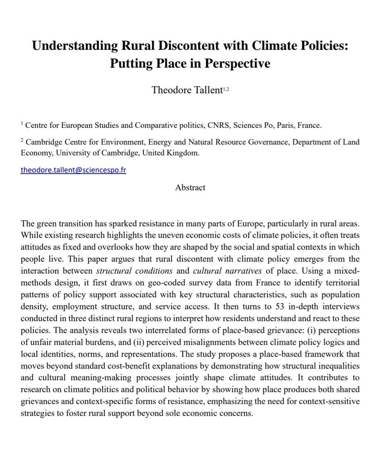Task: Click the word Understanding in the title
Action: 75,45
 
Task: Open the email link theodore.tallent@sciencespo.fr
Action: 73,170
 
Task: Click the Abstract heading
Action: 190,187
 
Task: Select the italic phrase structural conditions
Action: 134,271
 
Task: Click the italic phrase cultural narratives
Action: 227,271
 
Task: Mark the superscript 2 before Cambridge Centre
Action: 22,140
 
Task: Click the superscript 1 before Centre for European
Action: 22,123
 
